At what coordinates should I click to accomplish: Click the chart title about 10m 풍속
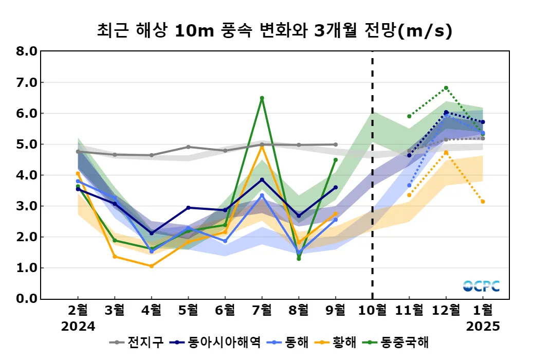click(x=274, y=31)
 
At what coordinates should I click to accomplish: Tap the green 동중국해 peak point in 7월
click(x=262, y=98)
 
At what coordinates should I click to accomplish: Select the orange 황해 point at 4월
click(x=151, y=266)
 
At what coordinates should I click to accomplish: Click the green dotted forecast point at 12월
click(x=446, y=88)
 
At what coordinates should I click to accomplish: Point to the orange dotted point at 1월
click(x=483, y=202)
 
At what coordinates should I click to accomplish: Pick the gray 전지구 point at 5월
click(x=188, y=147)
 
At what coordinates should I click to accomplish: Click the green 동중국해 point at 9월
click(x=336, y=159)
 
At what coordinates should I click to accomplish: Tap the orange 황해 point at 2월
click(x=78, y=173)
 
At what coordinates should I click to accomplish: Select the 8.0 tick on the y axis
click(x=27, y=51)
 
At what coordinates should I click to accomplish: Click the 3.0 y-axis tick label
click(x=27, y=206)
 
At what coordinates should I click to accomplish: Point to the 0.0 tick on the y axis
click(x=27, y=299)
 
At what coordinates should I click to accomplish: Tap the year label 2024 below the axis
click(x=78, y=327)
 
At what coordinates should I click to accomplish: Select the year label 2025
click(x=483, y=327)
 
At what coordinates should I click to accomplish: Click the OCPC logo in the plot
click(x=481, y=286)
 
